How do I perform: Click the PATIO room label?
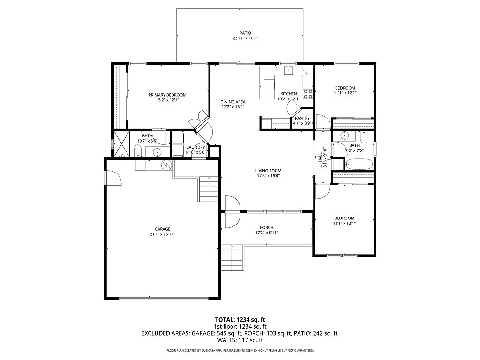tap(242, 33)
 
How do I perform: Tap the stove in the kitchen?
tap(307, 94)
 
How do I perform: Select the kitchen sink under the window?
tap(288, 71)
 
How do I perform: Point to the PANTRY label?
tap(302, 118)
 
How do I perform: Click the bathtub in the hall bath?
tap(359, 164)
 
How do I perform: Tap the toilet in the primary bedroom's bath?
tap(138, 150)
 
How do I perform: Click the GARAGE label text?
tap(163, 229)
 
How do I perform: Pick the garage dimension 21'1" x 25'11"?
tap(163, 234)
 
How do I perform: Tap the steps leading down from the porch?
tap(232, 258)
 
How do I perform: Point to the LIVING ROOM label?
tap(268, 171)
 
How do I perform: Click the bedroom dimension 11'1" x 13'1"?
tap(344, 223)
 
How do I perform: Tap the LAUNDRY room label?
tap(195, 147)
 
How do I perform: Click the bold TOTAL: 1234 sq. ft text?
tap(240, 319)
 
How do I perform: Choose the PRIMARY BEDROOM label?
tap(167, 95)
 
